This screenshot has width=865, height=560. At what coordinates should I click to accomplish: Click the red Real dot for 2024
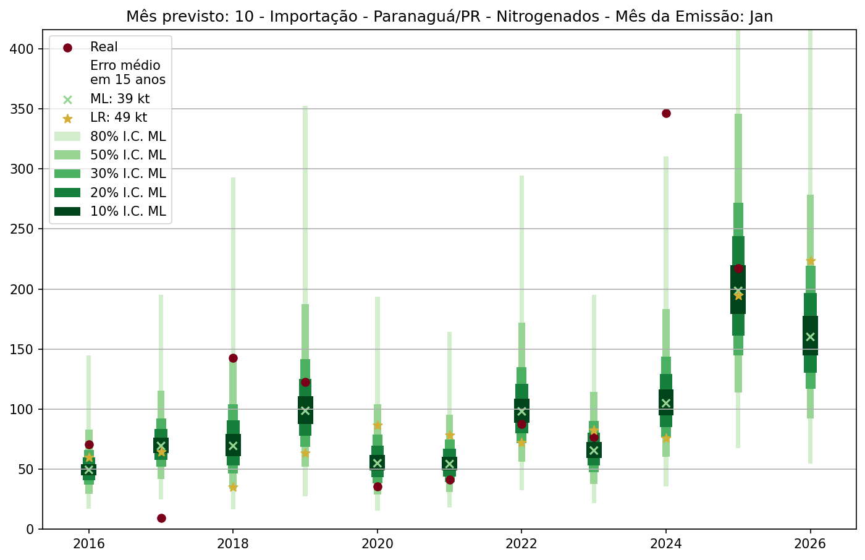tap(666, 113)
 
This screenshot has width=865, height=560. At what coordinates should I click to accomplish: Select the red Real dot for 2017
tap(161, 518)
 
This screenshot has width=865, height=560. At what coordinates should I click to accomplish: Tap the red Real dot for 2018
tap(233, 358)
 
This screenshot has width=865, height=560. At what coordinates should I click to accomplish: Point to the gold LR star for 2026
tap(811, 261)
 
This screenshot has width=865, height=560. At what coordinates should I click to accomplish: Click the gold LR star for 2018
tap(233, 487)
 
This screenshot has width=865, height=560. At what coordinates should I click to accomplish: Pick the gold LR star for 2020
tap(378, 425)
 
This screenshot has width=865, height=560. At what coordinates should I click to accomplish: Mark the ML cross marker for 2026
tap(811, 337)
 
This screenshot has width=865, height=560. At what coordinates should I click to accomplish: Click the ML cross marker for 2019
tap(305, 410)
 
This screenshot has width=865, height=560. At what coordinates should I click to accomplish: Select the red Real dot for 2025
tap(738, 268)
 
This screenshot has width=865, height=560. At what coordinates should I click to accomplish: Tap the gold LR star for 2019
tap(305, 453)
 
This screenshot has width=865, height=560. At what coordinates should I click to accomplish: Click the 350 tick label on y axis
tap(23, 109)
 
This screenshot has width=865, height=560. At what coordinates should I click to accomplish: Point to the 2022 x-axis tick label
tap(521, 545)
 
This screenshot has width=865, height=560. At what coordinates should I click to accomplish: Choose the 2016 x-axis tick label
tap(88, 545)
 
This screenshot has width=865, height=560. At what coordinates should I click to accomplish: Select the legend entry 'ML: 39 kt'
tap(119, 99)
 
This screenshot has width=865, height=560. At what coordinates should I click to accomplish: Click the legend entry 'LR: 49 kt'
tap(118, 117)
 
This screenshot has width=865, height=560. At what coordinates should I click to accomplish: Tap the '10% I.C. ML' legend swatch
tap(67, 211)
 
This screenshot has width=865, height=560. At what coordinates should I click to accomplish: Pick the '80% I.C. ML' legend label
tap(128, 137)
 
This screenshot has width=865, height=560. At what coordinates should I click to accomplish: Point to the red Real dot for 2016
tap(89, 444)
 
